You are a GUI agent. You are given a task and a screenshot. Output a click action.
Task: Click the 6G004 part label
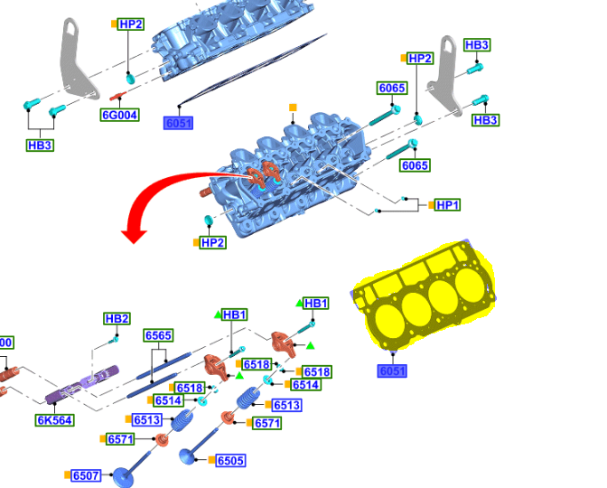pyautogui.click(x=119, y=115)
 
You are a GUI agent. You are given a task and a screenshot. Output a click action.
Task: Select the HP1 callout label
pyautogui.click(x=447, y=205)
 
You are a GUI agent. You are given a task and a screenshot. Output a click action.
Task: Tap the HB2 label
pyautogui.click(x=117, y=318)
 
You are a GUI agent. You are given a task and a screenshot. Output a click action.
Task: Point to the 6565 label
pyautogui.click(x=158, y=335)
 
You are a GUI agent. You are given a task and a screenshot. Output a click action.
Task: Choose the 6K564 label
pyautogui.click(x=54, y=420)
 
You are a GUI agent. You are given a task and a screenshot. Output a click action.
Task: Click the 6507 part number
pyautogui.click(x=86, y=475)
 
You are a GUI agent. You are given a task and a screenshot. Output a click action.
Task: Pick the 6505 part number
pyautogui.click(x=230, y=461)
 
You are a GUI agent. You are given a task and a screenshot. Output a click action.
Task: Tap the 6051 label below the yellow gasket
pyautogui.click(x=392, y=371)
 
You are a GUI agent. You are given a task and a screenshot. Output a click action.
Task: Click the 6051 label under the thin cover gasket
pyautogui.click(x=178, y=123)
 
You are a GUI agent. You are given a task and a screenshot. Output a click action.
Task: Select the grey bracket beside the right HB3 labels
pyautogui.click(x=448, y=77)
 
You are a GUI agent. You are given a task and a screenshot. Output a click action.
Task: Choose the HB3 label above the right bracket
pyautogui.click(x=477, y=44)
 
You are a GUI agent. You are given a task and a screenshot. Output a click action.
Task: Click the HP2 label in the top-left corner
pyautogui.click(x=131, y=23)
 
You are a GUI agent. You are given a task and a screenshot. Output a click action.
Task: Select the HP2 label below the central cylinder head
pyautogui.click(x=212, y=242)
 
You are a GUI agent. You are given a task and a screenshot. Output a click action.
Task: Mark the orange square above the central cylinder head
pyautogui.click(x=293, y=108)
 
